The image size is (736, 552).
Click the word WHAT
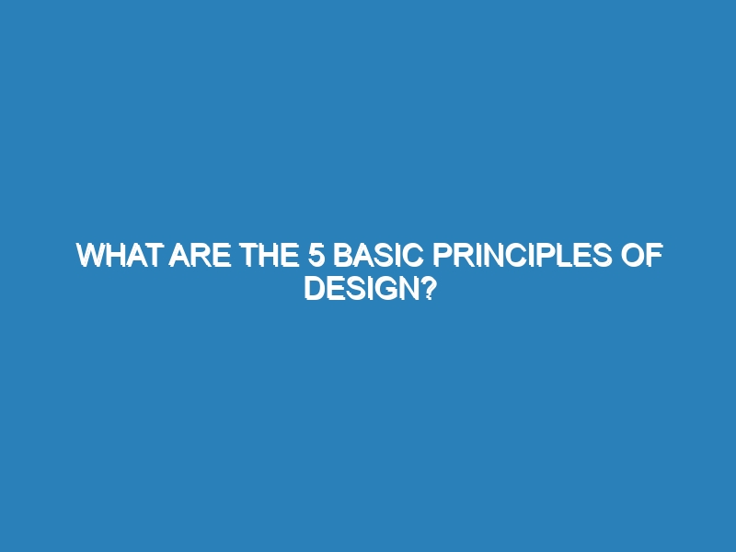[x=118, y=256]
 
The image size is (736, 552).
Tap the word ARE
[x=200, y=256]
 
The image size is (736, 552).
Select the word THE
[x=270, y=256]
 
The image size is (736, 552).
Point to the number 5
[x=316, y=256]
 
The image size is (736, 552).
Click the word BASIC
[x=378, y=256]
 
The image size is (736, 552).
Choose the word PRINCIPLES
[x=522, y=256]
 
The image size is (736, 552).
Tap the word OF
[x=641, y=256]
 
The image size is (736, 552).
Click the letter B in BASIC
[x=342, y=256]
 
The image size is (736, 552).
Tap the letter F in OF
[x=654, y=256]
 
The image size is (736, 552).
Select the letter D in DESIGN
[x=315, y=288]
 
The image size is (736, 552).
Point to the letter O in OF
[x=632, y=256]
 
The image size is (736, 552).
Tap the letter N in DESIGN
[x=402, y=288]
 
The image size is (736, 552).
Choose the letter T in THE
[x=248, y=256]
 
